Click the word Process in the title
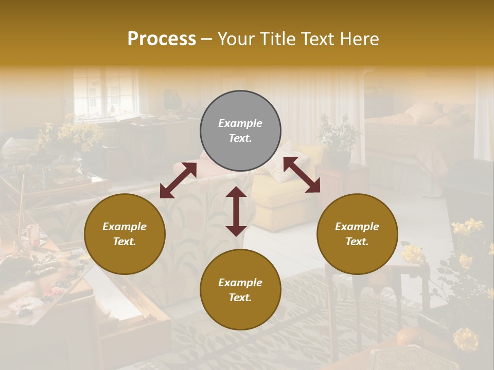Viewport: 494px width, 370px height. [162, 39]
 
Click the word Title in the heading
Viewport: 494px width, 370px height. [277, 39]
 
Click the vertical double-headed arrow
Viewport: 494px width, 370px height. [236, 211]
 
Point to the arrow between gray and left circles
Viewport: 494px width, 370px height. [178, 180]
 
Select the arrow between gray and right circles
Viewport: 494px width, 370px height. [302, 175]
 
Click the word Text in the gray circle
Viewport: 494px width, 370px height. [240, 138]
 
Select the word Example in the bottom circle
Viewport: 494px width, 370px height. [240, 283]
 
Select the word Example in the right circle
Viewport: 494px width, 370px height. [357, 227]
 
